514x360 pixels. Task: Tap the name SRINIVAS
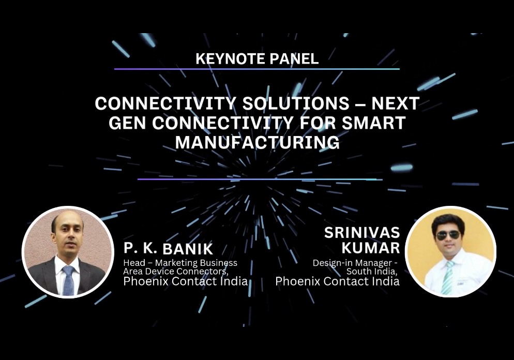[x=362, y=233]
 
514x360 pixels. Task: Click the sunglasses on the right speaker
[x=448, y=235]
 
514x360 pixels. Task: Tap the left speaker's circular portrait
[x=68, y=252]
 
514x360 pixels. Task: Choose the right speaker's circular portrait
[x=450, y=252]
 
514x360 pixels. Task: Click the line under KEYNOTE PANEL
[x=256, y=69]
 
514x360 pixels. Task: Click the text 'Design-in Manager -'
[x=358, y=263]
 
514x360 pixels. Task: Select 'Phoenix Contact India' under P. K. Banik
[x=185, y=281]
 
